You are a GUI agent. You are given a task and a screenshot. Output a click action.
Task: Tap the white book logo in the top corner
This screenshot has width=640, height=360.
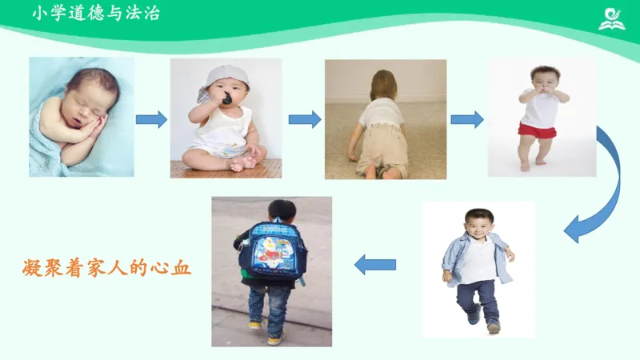(612, 18)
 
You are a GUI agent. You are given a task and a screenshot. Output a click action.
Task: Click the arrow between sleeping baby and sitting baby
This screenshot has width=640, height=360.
(151, 120)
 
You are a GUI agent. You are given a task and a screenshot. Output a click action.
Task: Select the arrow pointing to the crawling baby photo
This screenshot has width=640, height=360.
(304, 120)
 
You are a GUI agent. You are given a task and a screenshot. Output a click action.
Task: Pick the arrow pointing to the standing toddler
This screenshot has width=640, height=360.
(466, 120)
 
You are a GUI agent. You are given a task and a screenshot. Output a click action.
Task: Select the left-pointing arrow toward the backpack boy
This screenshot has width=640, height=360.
(375, 264)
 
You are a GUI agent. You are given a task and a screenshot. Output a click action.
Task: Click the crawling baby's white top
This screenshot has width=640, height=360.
(381, 113)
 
